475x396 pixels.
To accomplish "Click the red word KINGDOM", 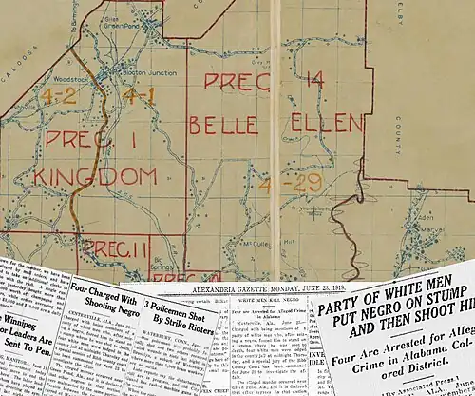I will pos(95,176).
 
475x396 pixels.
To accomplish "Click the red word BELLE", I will pos(222,125).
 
